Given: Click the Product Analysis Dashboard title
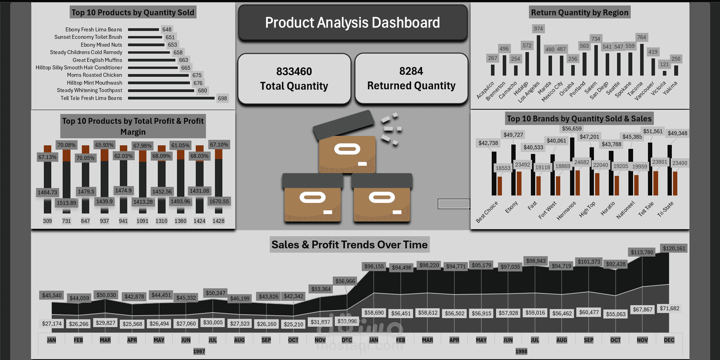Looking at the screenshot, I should click(x=352, y=23).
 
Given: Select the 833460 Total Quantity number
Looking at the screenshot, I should click(x=294, y=72).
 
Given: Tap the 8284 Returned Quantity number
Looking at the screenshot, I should click(x=411, y=71).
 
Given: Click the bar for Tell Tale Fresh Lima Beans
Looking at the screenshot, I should click(x=171, y=98).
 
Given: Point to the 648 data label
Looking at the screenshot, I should click(x=167, y=29).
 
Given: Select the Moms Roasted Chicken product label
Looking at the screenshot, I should click(x=94, y=75).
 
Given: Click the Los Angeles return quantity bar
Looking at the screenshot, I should click(x=538, y=55).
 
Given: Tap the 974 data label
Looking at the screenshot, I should click(x=538, y=29).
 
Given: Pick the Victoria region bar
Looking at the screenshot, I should click(x=664, y=73).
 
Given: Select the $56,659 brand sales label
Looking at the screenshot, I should click(x=572, y=128).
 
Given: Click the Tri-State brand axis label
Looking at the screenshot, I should click(x=665, y=209).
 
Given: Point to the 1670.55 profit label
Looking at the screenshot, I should click(x=219, y=201).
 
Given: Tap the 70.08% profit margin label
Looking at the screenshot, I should click(x=67, y=145).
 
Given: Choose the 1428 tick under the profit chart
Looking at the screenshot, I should click(x=218, y=221).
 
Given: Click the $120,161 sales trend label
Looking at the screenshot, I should click(x=674, y=248).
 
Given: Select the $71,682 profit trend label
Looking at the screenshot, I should click(x=669, y=308).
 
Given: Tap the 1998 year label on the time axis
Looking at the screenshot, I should click(x=521, y=351).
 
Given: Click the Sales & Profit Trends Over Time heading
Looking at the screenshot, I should click(x=349, y=245).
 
